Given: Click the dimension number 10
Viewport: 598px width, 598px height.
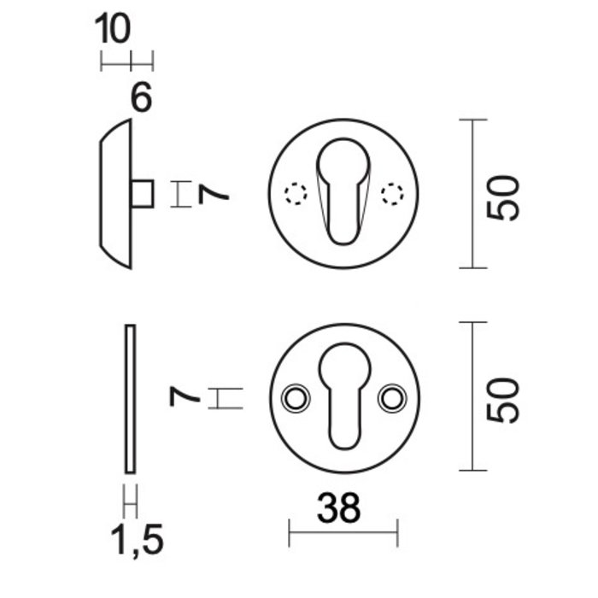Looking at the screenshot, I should tap(113, 29).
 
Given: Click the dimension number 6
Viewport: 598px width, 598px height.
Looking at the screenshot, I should tap(141, 98).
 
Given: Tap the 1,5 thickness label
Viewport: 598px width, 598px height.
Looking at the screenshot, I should tap(137, 539).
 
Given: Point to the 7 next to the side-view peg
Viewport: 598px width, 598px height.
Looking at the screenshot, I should tap(214, 194).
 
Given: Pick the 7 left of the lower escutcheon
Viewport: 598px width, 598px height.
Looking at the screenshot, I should tap(185, 398).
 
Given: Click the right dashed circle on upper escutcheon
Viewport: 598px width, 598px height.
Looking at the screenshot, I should tap(391, 194).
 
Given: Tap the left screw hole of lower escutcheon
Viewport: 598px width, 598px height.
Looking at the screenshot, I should tap(296, 397).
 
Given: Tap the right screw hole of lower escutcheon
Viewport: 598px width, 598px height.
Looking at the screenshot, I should tap(391, 397).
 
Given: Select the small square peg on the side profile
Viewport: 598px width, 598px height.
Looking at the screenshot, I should tap(144, 194).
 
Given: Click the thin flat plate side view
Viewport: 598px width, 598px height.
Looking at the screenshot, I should tap(130, 398).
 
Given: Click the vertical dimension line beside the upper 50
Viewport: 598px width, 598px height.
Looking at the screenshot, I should tap(472, 194).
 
